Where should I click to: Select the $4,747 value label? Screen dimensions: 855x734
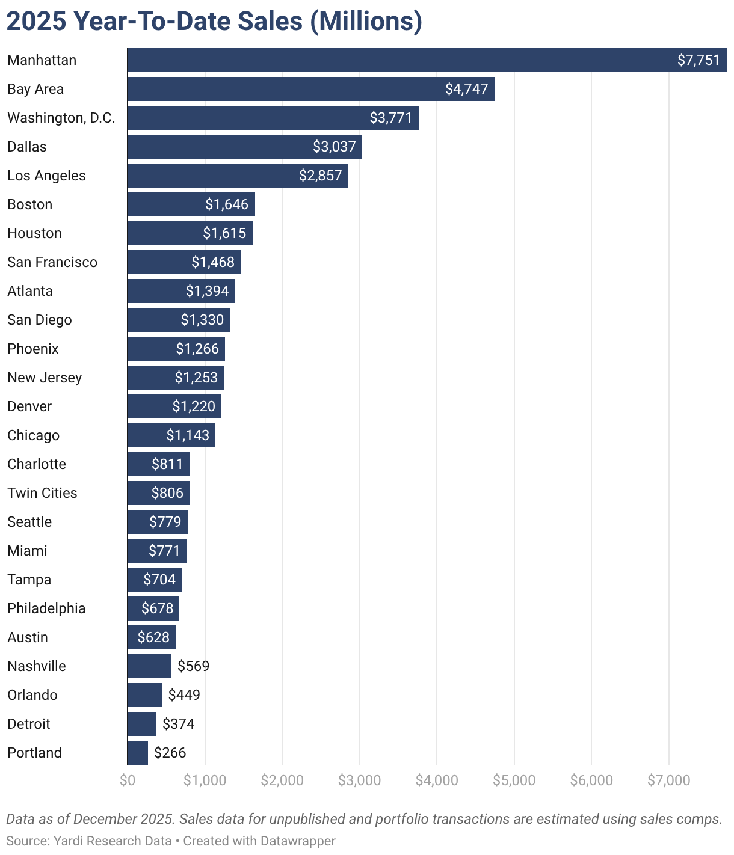tap(466, 89)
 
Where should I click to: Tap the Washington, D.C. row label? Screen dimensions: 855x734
tap(61, 118)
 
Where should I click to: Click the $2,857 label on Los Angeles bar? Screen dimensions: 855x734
tap(320, 176)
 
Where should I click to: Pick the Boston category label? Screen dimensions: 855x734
tap(30, 204)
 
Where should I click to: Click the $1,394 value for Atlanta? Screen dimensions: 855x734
tap(207, 291)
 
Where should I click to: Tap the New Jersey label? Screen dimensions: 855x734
tap(45, 378)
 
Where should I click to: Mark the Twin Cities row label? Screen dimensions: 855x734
tap(42, 493)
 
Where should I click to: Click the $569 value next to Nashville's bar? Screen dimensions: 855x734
tap(193, 666)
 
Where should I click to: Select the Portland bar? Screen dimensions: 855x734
tap(138, 753)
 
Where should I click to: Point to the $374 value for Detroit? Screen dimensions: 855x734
tap(178, 724)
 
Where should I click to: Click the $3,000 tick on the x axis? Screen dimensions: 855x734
tap(359, 780)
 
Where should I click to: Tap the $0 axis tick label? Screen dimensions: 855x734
tap(128, 780)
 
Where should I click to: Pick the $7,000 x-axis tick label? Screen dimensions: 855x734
tap(668, 780)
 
